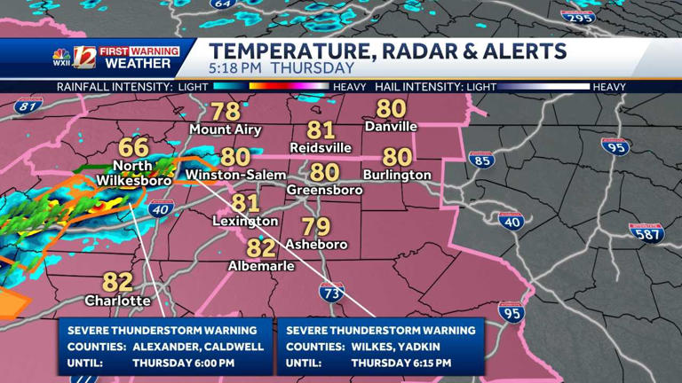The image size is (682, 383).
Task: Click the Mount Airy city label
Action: click(226, 129)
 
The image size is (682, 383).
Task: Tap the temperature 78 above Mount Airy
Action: click(226, 112)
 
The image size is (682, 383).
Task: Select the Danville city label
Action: click(390, 127)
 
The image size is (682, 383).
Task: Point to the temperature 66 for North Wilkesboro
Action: click(134, 148)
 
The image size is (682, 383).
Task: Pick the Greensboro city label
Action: click(325, 191)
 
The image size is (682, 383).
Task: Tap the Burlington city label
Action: click(397, 176)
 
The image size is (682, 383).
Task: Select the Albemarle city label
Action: click(261, 266)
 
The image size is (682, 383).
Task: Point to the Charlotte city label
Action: click(117, 301)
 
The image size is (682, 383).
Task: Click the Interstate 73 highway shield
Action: click(332, 291)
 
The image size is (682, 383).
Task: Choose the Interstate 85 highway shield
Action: click(482, 160)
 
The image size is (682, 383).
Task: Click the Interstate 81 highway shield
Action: click(28, 106)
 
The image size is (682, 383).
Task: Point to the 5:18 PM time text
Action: click(235, 67)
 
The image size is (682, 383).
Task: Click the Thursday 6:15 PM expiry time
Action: click(400, 363)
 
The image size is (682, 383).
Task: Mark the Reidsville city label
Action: click(321, 148)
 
